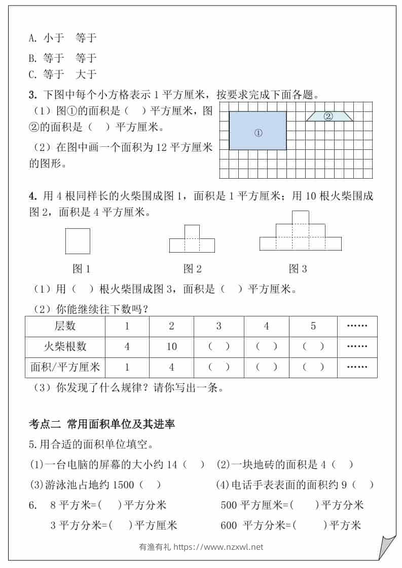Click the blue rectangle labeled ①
(x=258, y=131)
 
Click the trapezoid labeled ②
(x=328, y=116)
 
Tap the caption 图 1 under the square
(x=81, y=269)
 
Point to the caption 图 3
(x=298, y=269)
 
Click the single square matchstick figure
(x=78, y=241)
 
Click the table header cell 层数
(x=65, y=326)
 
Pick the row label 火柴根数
(x=65, y=347)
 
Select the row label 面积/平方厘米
(x=65, y=367)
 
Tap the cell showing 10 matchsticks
(x=171, y=347)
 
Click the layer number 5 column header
(x=313, y=326)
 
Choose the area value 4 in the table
(x=171, y=367)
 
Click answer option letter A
(x=32, y=38)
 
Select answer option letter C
(x=32, y=75)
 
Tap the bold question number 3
(x=32, y=95)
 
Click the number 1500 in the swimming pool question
(x=124, y=484)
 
